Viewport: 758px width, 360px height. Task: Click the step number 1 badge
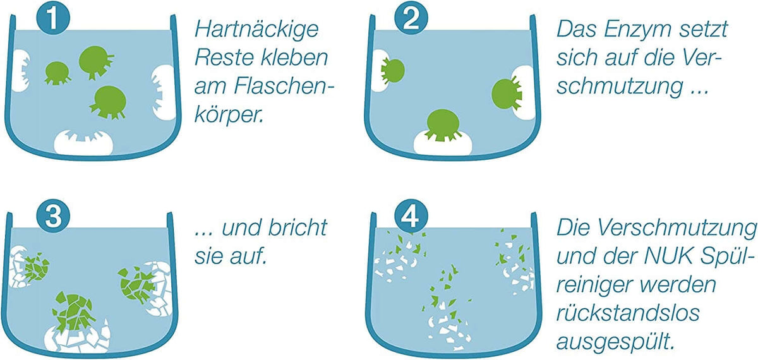pos(54,19)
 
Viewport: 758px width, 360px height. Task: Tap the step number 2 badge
pos(411,19)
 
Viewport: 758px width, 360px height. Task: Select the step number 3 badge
pos(54,216)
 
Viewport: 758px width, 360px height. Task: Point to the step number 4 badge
pos(411,216)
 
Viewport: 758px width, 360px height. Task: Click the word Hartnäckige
pos(256,30)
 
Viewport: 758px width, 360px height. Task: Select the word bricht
pos(298,227)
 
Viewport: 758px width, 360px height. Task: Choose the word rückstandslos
pos(628,313)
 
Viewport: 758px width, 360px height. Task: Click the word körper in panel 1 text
pos(229,115)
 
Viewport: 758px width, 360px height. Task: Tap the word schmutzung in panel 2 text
pos(619,87)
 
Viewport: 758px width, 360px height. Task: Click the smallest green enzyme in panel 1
pos(57,73)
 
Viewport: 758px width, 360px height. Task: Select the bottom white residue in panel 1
pos(83,141)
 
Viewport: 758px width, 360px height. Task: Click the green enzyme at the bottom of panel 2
pos(443,125)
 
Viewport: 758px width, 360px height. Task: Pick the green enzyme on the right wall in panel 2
pos(506,93)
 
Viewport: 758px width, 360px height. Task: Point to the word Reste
pos(224,58)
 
